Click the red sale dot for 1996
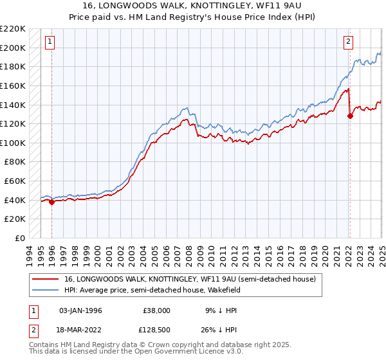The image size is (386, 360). click(x=51, y=202)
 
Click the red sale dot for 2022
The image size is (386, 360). click(x=350, y=116)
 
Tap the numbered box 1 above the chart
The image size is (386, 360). click(x=50, y=42)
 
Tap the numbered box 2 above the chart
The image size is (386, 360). click(x=348, y=42)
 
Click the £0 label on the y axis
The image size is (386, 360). click(x=21, y=238)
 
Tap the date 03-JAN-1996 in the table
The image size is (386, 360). click(x=80, y=310)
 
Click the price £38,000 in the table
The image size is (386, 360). click(x=156, y=310)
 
